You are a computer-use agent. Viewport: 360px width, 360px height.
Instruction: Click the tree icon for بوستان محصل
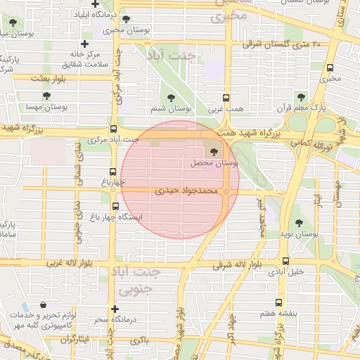point(214,151)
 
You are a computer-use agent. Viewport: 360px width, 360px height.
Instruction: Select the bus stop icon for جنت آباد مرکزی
point(114,129)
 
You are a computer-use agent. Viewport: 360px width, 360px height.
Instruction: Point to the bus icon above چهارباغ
point(113,172)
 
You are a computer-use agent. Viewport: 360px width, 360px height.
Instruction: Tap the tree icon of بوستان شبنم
point(172,98)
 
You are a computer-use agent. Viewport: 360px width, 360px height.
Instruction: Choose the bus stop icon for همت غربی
point(226,98)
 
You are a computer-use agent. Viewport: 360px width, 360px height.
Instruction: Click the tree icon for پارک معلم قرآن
point(301,97)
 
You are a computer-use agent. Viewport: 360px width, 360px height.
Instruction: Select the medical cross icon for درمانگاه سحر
point(115,309)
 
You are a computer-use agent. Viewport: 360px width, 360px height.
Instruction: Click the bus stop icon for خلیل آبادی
point(285,260)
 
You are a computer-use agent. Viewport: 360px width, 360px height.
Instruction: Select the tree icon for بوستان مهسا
point(46,96)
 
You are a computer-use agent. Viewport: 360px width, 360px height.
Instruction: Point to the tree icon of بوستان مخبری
point(126,19)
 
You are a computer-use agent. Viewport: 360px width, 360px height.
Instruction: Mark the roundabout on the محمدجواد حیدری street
point(227,191)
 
